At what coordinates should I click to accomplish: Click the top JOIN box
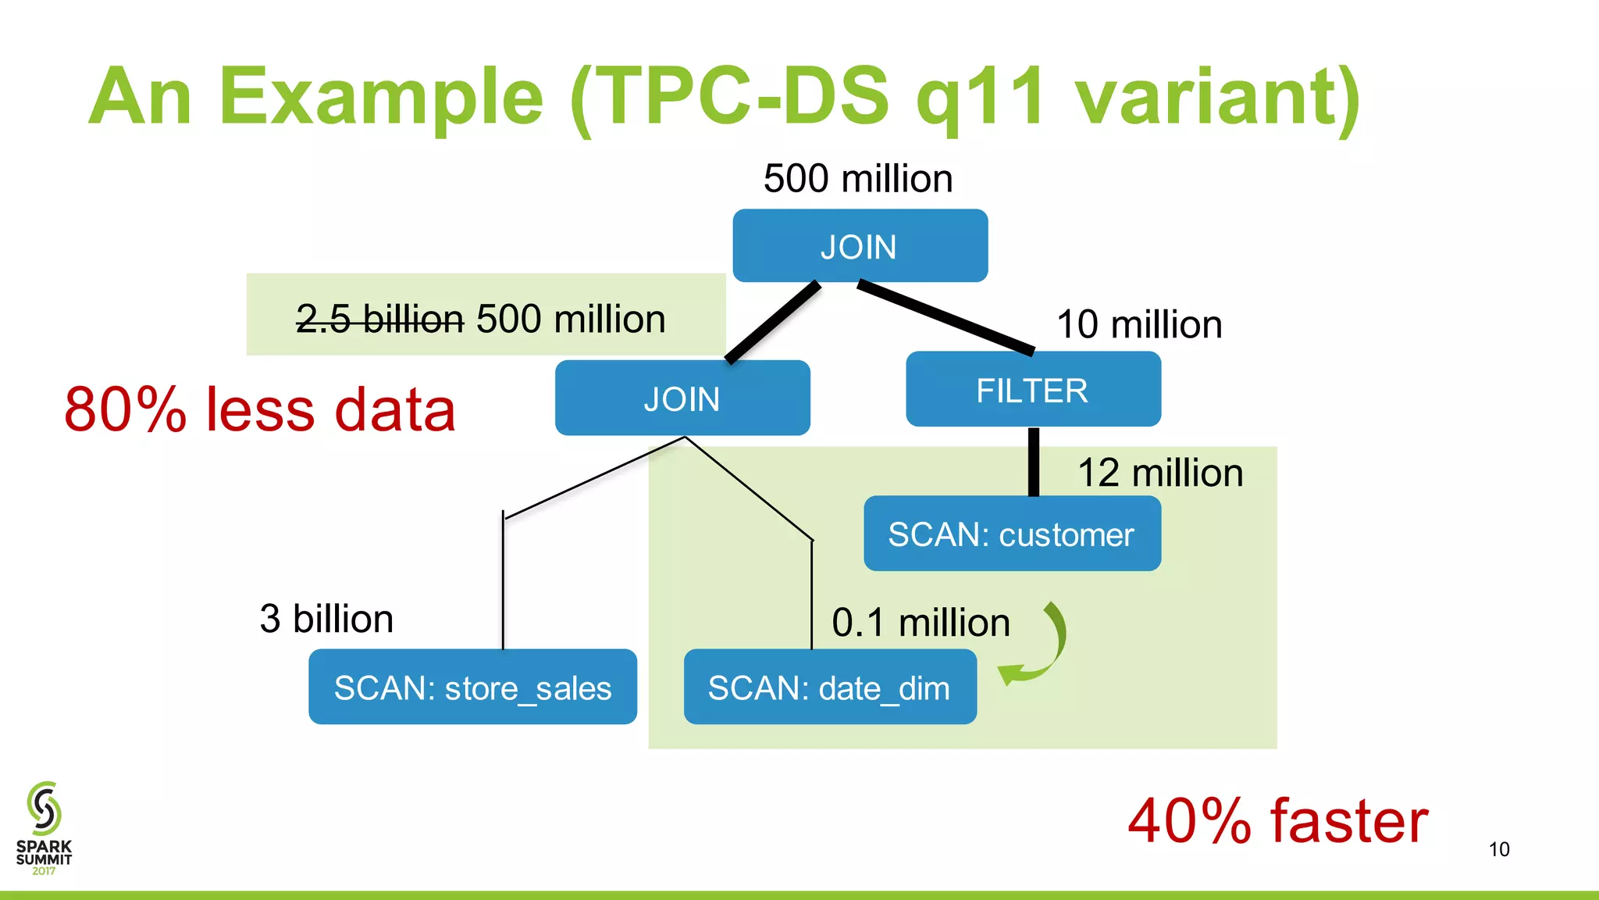pyautogui.click(x=860, y=245)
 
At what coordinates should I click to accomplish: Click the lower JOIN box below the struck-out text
pyautogui.click(x=682, y=398)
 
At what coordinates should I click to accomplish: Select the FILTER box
pyautogui.click(x=1032, y=389)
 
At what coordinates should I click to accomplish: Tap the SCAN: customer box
pyautogui.click(x=1011, y=534)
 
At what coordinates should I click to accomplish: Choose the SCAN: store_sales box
pyautogui.click(x=472, y=687)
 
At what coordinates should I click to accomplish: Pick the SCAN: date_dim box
pyautogui.click(x=829, y=687)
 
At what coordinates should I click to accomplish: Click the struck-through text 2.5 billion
pyautogui.click(x=379, y=319)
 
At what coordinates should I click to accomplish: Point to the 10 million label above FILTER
pyautogui.click(x=1138, y=323)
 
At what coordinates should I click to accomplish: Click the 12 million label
pyautogui.click(x=1159, y=473)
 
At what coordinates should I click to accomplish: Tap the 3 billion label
pyautogui.click(x=326, y=618)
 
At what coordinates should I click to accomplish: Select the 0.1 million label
pyautogui.click(x=921, y=622)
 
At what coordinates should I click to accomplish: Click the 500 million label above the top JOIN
pyautogui.click(x=857, y=178)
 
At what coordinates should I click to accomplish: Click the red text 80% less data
pyautogui.click(x=259, y=409)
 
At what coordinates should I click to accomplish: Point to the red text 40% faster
pyautogui.click(x=1277, y=820)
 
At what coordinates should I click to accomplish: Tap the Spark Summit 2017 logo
pyautogui.click(x=44, y=828)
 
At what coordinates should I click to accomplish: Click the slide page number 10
pyautogui.click(x=1498, y=849)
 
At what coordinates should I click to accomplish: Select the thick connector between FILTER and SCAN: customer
pyautogui.click(x=1033, y=461)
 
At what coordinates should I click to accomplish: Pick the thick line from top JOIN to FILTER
pyautogui.click(x=946, y=317)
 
